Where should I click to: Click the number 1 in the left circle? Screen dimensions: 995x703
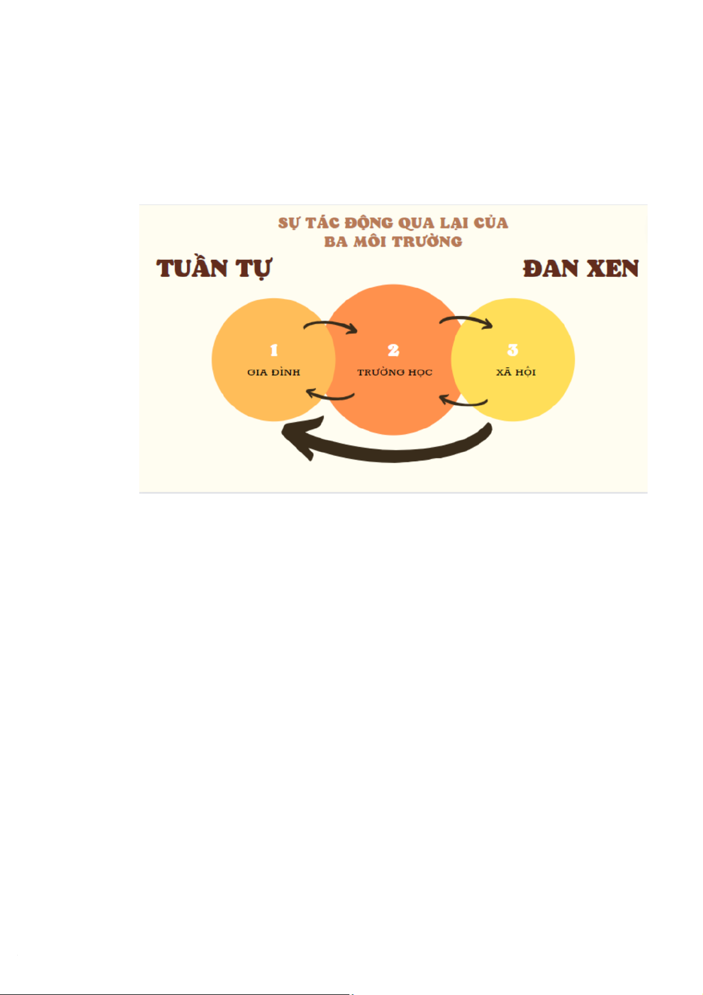click(274, 350)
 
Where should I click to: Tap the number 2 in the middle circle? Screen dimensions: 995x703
click(394, 350)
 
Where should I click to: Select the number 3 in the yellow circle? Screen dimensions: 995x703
click(512, 350)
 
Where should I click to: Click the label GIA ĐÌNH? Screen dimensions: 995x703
click(274, 373)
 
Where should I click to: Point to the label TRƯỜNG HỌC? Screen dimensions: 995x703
click(394, 373)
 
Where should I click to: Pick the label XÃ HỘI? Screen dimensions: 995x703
click(516, 372)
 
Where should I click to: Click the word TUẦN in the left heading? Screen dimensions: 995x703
click(192, 269)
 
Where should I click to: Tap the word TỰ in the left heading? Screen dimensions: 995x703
click(254, 269)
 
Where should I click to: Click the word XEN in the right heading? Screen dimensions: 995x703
click(613, 269)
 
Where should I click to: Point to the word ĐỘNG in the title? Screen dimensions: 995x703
click(369, 223)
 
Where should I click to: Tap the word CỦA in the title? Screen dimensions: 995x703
click(491, 223)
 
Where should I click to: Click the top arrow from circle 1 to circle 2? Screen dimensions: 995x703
click(331, 325)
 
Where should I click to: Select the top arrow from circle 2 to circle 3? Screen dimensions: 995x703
click(466, 321)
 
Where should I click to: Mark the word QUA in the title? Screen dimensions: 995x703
click(418, 223)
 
